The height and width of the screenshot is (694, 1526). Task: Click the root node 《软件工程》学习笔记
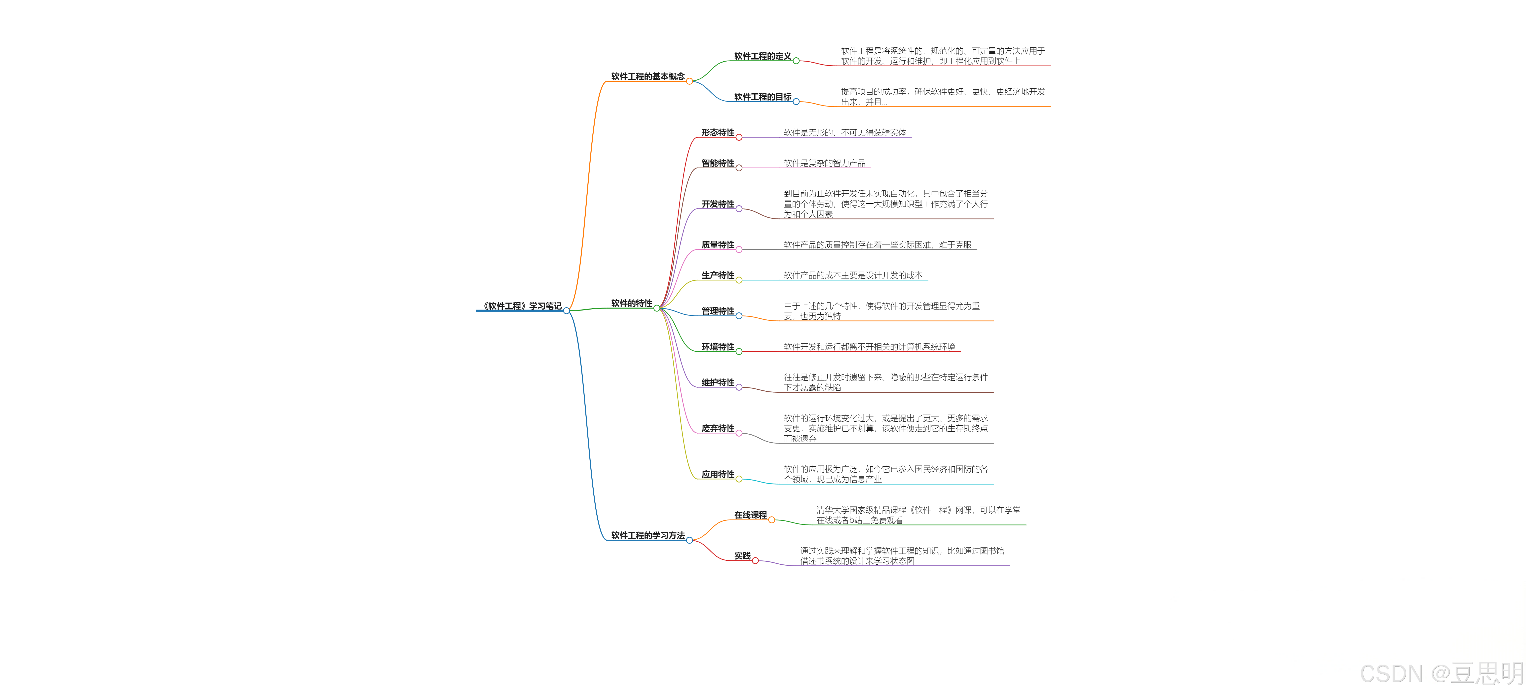click(x=521, y=306)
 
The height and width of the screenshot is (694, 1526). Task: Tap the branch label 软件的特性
click(x=632, y=303)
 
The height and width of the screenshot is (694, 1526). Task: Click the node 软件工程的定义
click(x=763, y=56)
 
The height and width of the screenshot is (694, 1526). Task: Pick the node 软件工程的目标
click(x=763, y=97)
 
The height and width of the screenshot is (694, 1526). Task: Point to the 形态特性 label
click(x=717, y=133)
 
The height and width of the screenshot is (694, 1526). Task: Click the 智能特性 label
click(x=717, y=163)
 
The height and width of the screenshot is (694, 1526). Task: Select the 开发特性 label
click(x=717, y=204)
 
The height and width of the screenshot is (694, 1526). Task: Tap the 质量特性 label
click(x=717, y=244)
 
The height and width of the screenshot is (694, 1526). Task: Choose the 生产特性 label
click(x=717, y=275)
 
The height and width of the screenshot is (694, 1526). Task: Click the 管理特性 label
click(x=717, y=311)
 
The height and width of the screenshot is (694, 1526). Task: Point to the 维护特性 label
click(x=717, y=382)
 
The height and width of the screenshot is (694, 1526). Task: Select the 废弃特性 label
click(x=717, y=428)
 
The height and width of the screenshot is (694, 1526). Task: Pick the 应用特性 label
click(x=717, y=474)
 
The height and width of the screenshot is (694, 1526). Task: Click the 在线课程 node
click(x=750, y=515)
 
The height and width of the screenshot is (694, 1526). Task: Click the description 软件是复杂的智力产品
click(x=824, y=163)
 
